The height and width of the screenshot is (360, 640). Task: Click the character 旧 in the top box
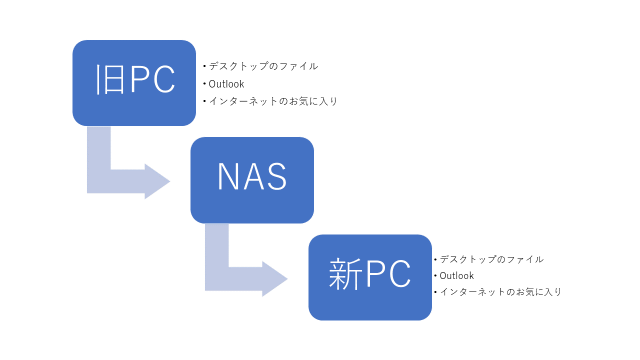(107, 81)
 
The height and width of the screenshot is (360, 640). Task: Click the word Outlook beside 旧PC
(227, 84)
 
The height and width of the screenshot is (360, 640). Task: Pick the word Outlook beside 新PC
(456, 275)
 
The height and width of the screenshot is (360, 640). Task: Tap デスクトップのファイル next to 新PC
(492, 258)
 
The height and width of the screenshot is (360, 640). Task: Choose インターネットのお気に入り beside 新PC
(500, 292)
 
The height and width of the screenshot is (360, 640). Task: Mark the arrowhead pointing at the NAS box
(158, 180)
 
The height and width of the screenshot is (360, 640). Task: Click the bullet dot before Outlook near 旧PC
(205, 84)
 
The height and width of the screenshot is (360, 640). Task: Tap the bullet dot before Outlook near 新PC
(435, 276)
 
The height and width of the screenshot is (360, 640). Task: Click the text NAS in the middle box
(252, 177)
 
